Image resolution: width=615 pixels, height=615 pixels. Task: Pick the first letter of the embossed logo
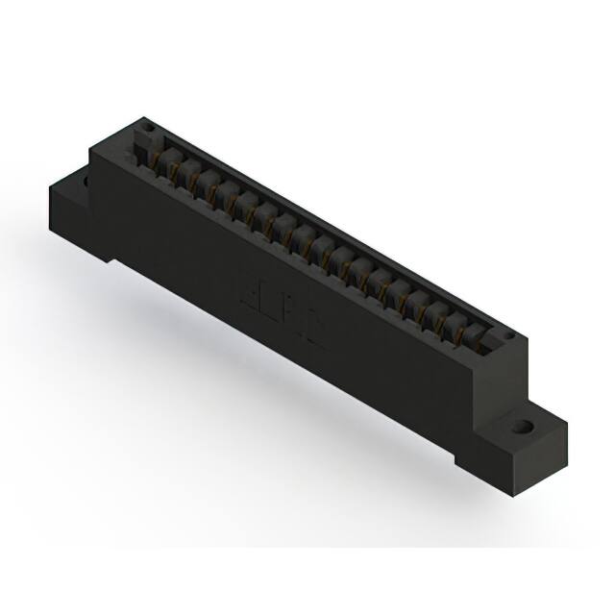247,287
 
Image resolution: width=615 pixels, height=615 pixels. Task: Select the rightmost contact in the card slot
474,332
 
